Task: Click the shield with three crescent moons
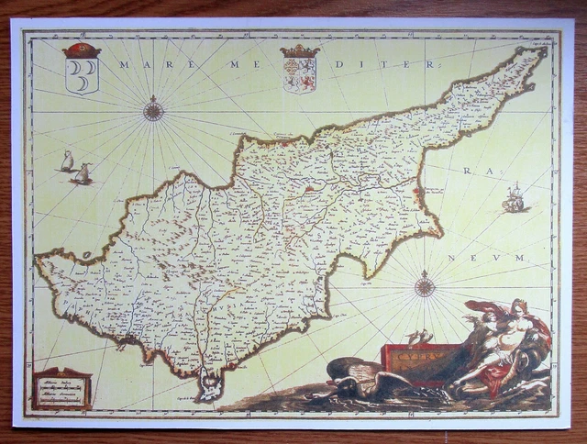82,72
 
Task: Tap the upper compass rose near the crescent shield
154,112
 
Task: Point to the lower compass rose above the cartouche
424,286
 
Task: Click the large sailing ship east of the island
515,198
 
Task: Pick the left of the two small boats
67,163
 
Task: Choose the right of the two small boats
83,173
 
